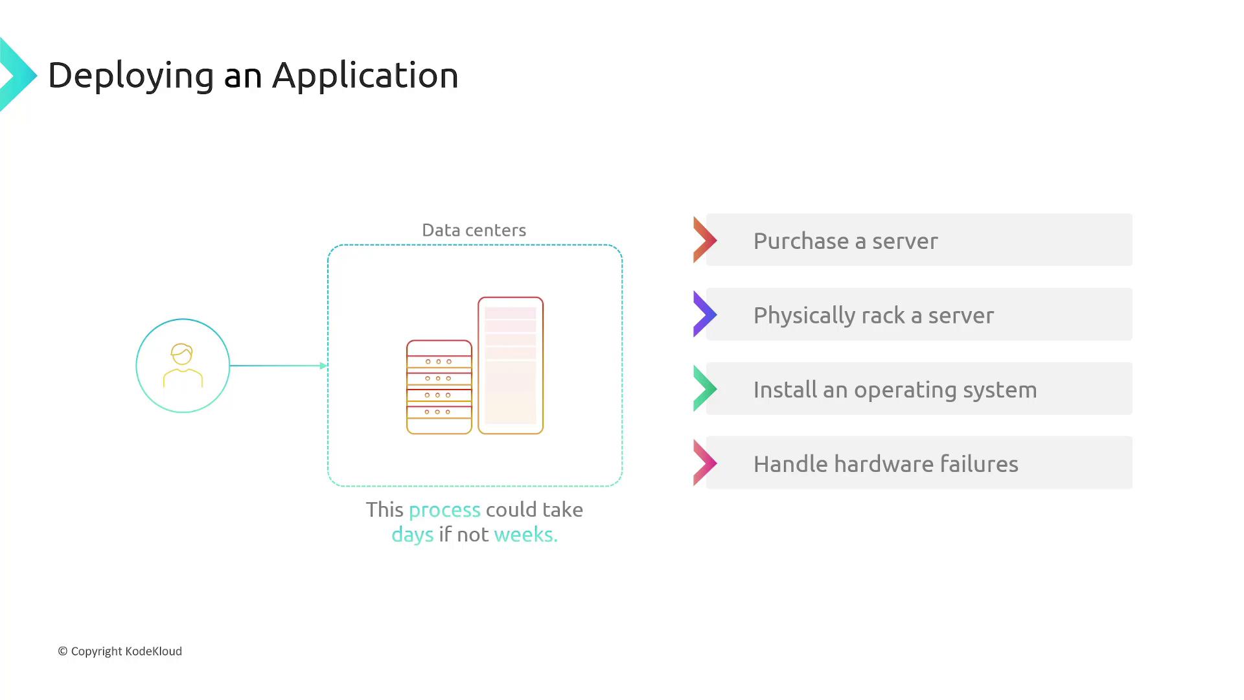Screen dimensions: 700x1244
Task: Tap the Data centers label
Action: (474, 230)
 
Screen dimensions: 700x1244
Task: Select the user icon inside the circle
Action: (183, 366)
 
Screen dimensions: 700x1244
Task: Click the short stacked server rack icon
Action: (439, 387)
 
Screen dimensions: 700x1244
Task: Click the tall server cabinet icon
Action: (511, 366)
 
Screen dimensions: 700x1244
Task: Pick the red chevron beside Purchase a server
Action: (704, 240)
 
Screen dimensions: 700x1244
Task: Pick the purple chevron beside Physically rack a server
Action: (704, 314)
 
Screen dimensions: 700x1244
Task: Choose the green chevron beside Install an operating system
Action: (704, 389)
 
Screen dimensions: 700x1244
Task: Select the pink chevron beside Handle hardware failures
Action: (704, 463)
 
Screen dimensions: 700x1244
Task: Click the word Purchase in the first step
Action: (801, 241)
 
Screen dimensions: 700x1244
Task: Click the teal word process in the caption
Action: (444, 510)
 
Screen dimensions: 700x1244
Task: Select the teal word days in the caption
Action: (412, 535)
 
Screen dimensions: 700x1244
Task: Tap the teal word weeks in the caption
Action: (525, 535)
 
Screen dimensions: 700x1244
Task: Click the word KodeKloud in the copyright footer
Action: (154, 651)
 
